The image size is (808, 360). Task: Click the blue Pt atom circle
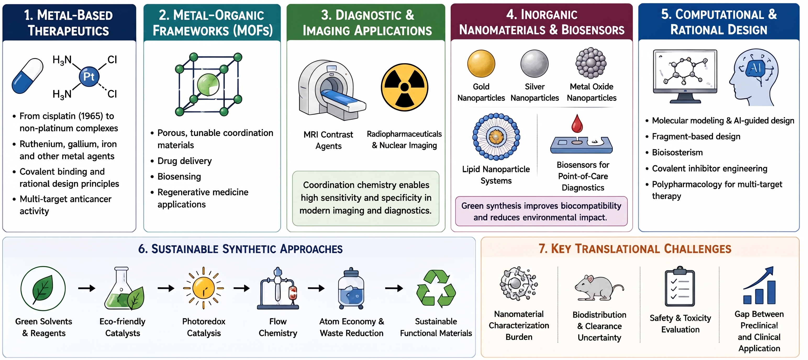click(89, 76)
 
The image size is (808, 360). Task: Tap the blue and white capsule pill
click(27, 76)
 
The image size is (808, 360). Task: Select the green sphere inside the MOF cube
click(208, 84)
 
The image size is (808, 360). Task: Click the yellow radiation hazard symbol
click(404, 87)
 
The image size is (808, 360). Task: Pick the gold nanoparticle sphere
click(481, 64)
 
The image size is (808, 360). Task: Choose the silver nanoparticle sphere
click(534, 64)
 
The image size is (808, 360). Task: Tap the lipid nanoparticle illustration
click(496, 137)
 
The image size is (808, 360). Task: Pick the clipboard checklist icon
click(680, 286)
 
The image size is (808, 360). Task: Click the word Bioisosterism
click(677, 153)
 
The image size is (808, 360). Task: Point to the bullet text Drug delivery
click(185, 161)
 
